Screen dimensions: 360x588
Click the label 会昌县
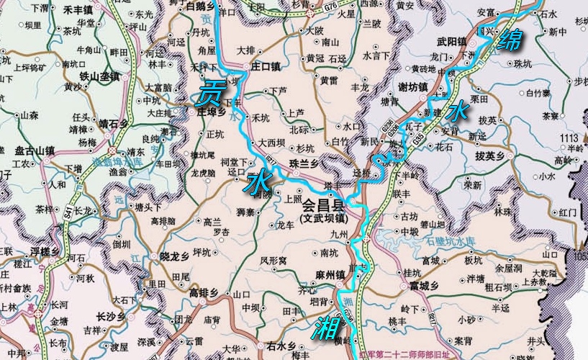pyautogui.click(x=322, y=204)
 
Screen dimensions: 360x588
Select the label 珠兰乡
pyautogui.click(x=303, y=164)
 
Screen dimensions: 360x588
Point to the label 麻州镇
pyautogui.click(x=331, y=275)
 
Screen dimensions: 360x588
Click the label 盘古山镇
pyautogui.click(x=35, y=150)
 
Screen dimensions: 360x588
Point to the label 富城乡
pyautogui.click(x=425, y=287)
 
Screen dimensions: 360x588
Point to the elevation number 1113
pyautogui.click(x=569, y=138)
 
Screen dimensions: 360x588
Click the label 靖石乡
pyautogui.click(x=113, y=124)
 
